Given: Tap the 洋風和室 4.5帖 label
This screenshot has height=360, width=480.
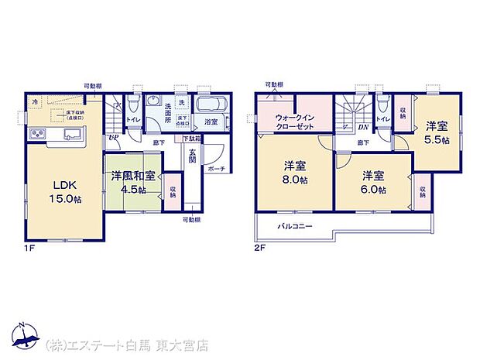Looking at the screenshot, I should coord(130,180).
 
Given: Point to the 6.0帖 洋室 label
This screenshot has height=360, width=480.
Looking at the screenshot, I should coord(372,182).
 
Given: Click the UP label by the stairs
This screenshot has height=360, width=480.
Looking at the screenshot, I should coord(113,137).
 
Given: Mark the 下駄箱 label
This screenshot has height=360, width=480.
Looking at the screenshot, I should coord(192,139).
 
